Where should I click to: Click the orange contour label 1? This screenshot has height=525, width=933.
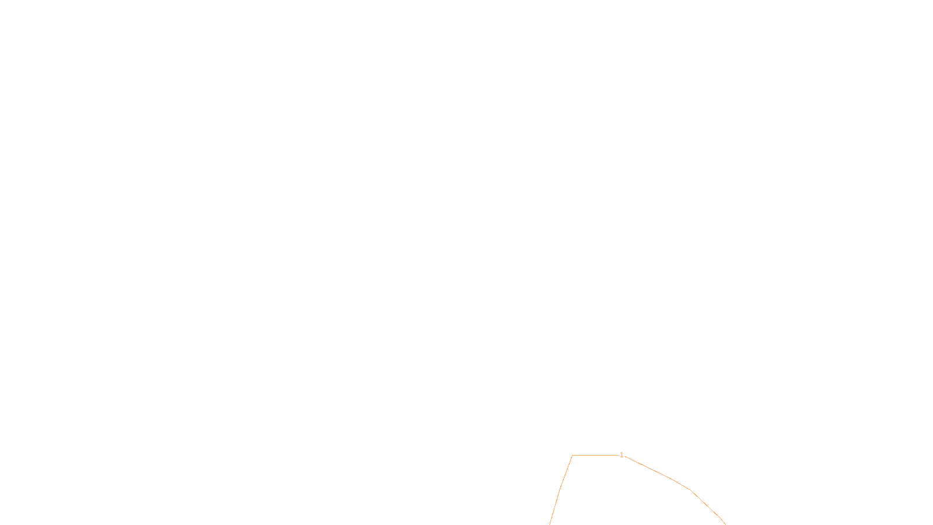click(622, 455)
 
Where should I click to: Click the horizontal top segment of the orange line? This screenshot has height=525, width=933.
click(595, 455)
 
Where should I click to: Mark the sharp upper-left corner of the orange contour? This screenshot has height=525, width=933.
click(573, 455)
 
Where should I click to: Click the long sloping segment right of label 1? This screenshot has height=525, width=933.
click(647, 467)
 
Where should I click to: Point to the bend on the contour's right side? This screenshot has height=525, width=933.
click(691, 490)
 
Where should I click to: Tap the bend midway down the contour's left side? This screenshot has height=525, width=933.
click(560, 489)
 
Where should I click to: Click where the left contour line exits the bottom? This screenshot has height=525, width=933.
click(549, 524)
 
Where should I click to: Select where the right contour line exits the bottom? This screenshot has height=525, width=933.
click(725, 523)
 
